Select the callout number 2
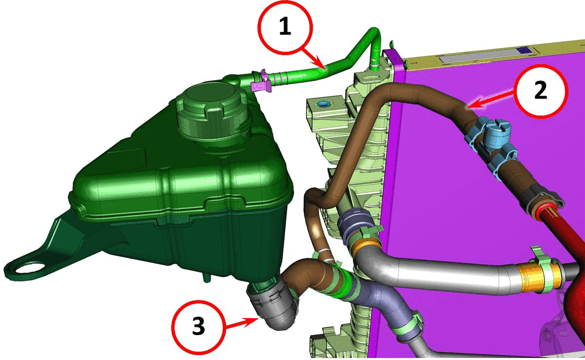pyautogui.click(x=541, y=90)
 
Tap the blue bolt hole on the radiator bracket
pyautogui.click(x=323, y=105)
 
